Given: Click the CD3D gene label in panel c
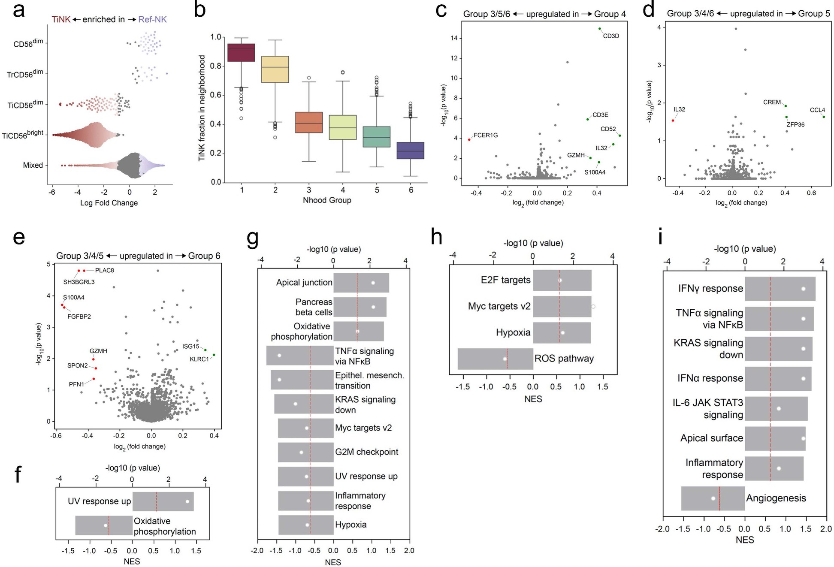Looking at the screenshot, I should tap(610, 36).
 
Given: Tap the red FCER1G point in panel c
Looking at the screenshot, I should tap(469, 139).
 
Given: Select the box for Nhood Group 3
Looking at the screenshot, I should tap(309, 122).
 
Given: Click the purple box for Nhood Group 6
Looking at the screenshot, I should tap(411, 150).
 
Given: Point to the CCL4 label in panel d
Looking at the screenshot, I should tap(817, 110).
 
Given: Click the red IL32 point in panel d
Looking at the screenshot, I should tap(673, 121).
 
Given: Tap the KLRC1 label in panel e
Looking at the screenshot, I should tap(199, 359).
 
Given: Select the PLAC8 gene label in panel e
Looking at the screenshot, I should tap(104, 271).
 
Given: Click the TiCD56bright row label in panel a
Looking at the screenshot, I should tap(23, 135).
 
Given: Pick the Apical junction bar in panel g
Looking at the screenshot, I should tap(361, 283).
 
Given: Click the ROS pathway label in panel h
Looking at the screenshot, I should tap(564, 359).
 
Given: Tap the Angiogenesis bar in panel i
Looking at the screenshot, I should tap(713, 498).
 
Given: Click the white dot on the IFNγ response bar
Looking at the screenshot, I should tap(803, 289).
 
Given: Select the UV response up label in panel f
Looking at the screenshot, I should tap(99, 501).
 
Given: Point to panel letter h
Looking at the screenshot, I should tap(436, 236).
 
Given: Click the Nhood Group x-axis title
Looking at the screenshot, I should tap(327, 200).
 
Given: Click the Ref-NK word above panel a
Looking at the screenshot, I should tap(152, 19).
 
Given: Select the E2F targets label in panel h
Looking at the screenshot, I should tap(505, 280).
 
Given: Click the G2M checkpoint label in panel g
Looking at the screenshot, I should tap(366, 452).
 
